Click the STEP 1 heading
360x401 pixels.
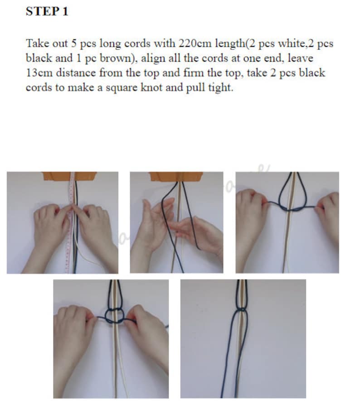pyautogui.click(x=47, y=12)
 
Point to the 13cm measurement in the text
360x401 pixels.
pyautogui.click(x=40, y=73)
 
